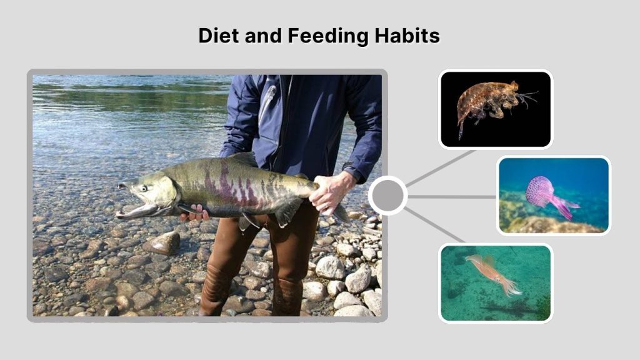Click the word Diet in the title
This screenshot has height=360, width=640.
coord(216,36)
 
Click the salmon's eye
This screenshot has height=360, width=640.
coord(143,187)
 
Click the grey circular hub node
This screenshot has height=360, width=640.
coord(387,196)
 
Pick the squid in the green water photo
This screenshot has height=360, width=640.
coord(494,272)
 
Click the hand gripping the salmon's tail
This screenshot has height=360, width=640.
coord(329,191)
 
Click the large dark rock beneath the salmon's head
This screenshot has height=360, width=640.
coord(164,242)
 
